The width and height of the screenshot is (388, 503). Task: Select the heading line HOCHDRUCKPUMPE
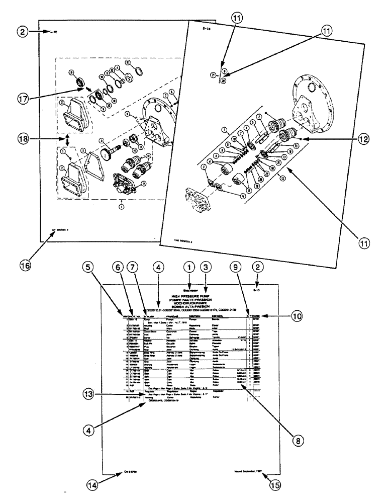click(192, 303)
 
